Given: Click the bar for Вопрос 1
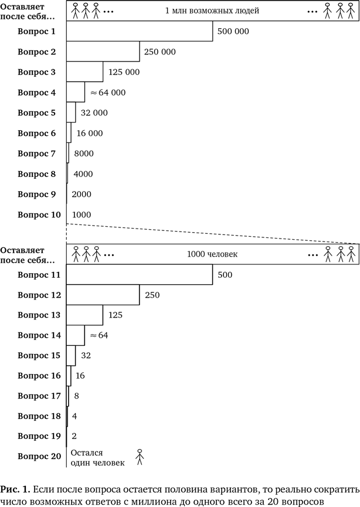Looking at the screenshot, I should coord(140,32).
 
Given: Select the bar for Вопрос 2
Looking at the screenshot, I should coord(103,52).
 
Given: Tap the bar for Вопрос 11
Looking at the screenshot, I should coord(140,274).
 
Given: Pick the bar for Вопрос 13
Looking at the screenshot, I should coord(84,315).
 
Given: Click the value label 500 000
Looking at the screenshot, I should coord(233,32).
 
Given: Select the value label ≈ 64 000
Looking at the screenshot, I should coord(108,93).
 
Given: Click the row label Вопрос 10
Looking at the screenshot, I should coord(39,215).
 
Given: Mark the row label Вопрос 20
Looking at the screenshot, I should coord(39,456).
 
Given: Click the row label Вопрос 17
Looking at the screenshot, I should coord(39,396).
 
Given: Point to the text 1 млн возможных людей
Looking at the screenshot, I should coord(212,11).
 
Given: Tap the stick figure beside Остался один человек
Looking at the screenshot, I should coord(140,457).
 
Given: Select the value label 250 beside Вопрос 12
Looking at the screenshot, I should coord(151,295).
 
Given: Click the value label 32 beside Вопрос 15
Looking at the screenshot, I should coord(86,356).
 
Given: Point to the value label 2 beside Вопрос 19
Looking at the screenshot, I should coord(74,437).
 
